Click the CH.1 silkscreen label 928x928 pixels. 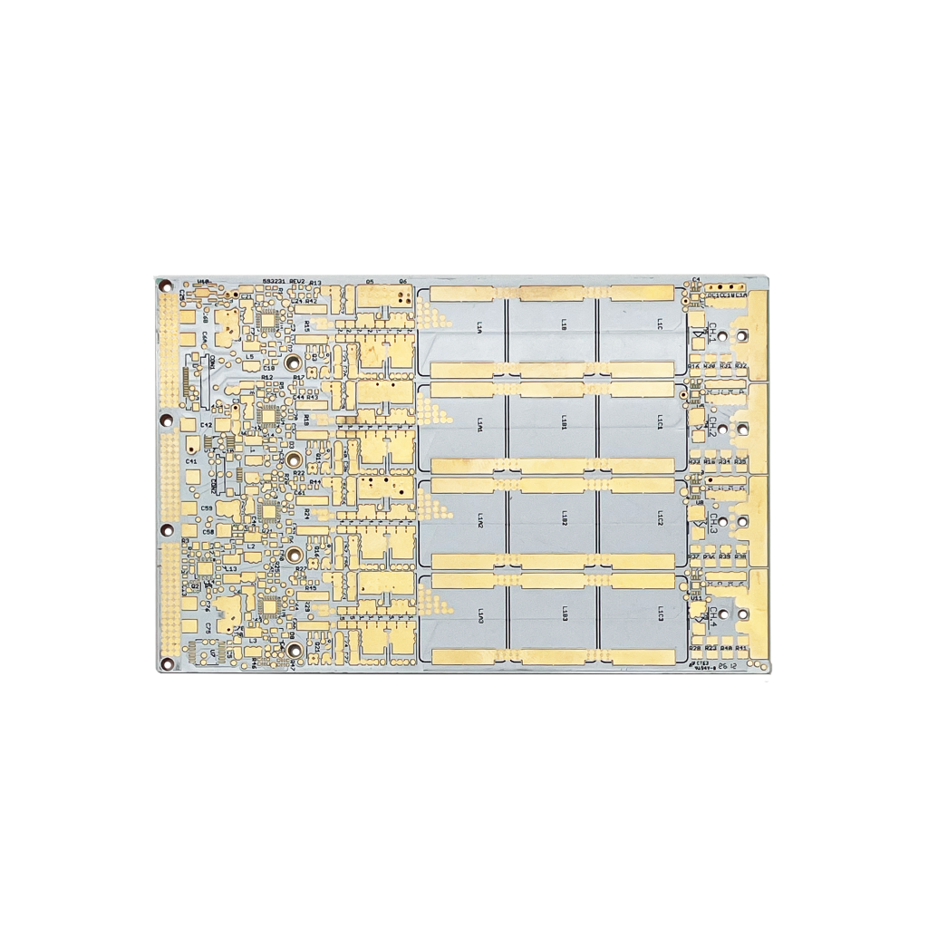(x=712, y=332)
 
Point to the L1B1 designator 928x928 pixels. (x=564, y=423)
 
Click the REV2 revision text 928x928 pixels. (x=297, y=282)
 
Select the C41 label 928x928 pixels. (x=191, y=461)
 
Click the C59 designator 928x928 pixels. (x=207, y=507)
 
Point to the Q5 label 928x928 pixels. (x=370, y=282)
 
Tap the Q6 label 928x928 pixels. (x=402, y=282)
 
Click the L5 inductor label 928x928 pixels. (x=249, y=356)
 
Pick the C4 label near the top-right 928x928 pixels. (x=696, y=279)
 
